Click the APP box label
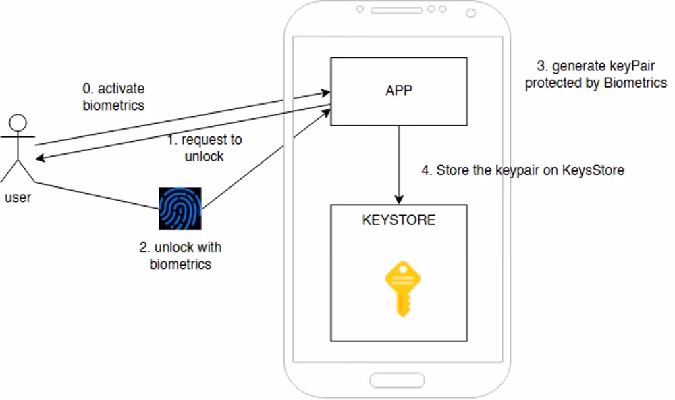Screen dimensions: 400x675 tap(398, 91)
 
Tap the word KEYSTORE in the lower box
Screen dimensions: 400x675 tap(399, 220)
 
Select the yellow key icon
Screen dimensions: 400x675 tap(398, 289)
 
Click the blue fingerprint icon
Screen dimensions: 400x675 tap(180, 209)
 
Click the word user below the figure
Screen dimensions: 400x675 tap(18, 198)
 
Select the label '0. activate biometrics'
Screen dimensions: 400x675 tap(113, 97)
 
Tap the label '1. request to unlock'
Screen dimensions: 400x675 tap(204, 147)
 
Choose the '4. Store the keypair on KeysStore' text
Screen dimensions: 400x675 tap(523, 170)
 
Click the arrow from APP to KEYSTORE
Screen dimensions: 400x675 tap(399, 162)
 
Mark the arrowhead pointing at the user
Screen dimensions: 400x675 tap(40, 159)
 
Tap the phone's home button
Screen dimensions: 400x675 tap(398, 379)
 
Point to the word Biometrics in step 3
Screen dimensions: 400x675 tap(634, 83)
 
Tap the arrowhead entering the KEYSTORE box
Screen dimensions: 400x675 tap(399, 199)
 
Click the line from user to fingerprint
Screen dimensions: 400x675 tap(94, 196)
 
